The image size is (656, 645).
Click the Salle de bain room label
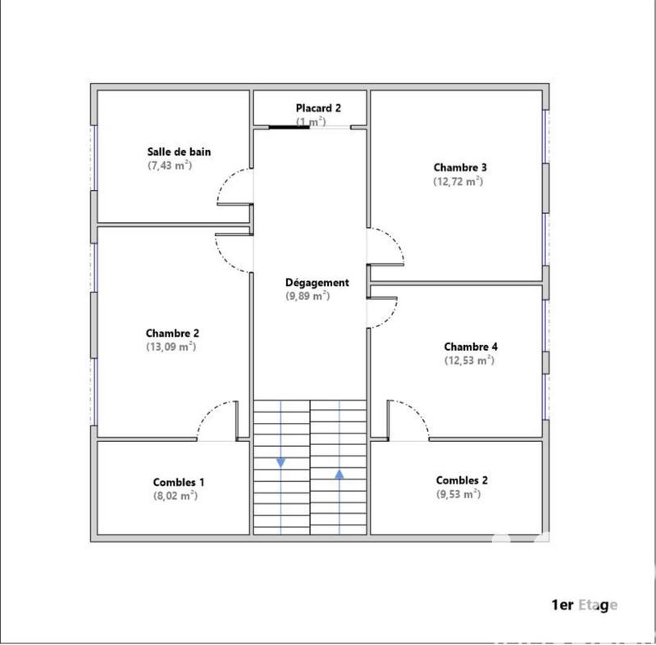179,152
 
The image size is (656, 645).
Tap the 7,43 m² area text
170,166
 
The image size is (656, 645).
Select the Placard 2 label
318,108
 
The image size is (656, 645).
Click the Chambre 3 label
460,168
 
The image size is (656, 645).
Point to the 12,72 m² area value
458,182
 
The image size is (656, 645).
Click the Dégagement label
317,283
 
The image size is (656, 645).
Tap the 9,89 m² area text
307,296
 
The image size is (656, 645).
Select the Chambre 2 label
172,333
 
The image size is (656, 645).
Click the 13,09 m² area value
171,347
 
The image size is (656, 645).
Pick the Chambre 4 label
470,346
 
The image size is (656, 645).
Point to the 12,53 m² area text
469,360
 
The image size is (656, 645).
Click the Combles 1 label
179,483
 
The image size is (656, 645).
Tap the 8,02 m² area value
175,496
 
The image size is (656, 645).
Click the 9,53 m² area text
458,494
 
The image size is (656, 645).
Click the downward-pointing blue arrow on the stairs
281,463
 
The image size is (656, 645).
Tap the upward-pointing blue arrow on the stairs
339,473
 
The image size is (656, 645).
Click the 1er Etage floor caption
584,606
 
